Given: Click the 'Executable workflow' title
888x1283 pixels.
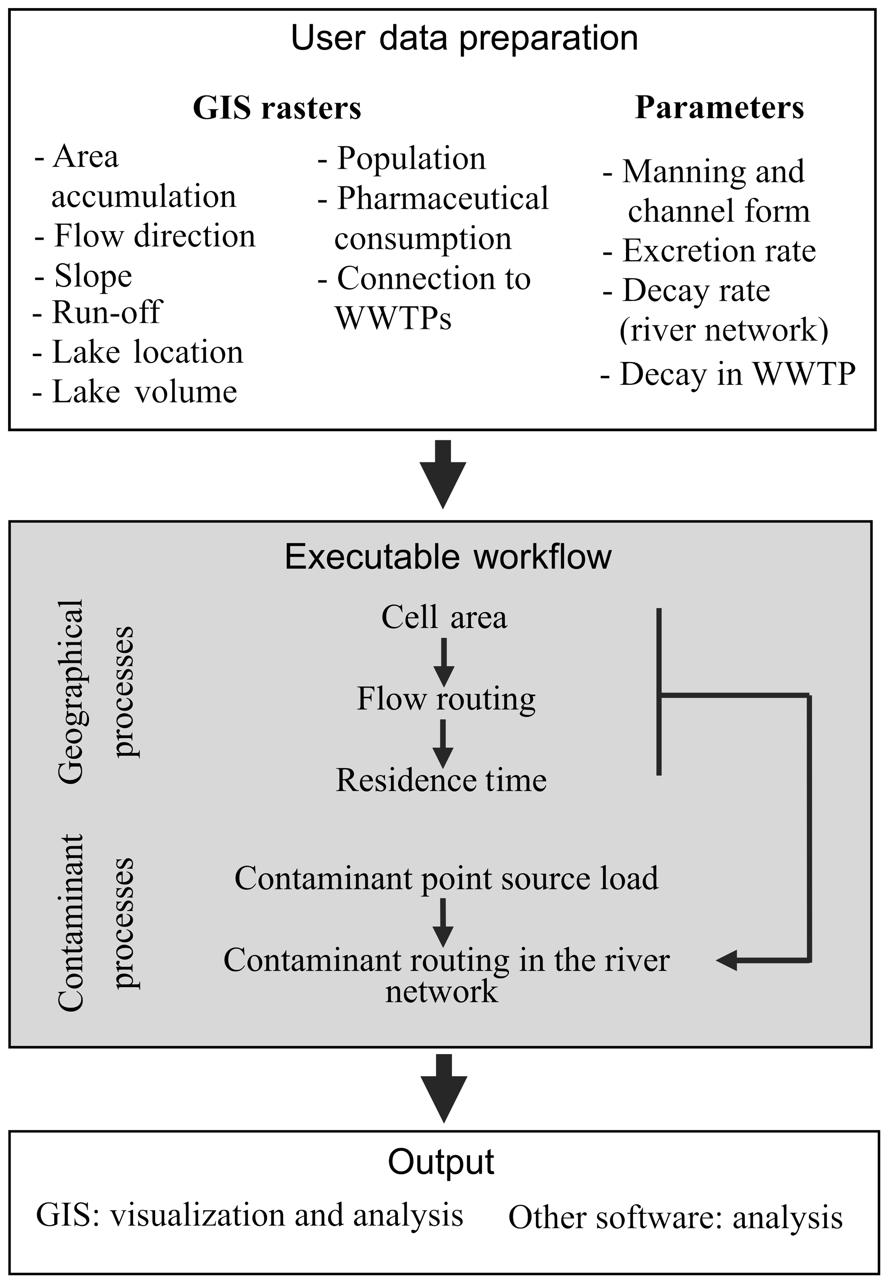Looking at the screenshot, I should (448, 556).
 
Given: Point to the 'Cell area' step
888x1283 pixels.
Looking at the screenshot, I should (444, 617).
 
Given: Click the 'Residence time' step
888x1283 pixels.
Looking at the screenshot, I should (441, 780).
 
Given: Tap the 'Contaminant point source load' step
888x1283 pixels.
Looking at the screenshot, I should (446, 879).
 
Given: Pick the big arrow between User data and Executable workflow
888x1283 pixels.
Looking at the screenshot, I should (443, 473).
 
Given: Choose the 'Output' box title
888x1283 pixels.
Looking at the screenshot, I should (441, 1162).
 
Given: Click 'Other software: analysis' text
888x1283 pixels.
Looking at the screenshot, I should (675, 1217).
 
